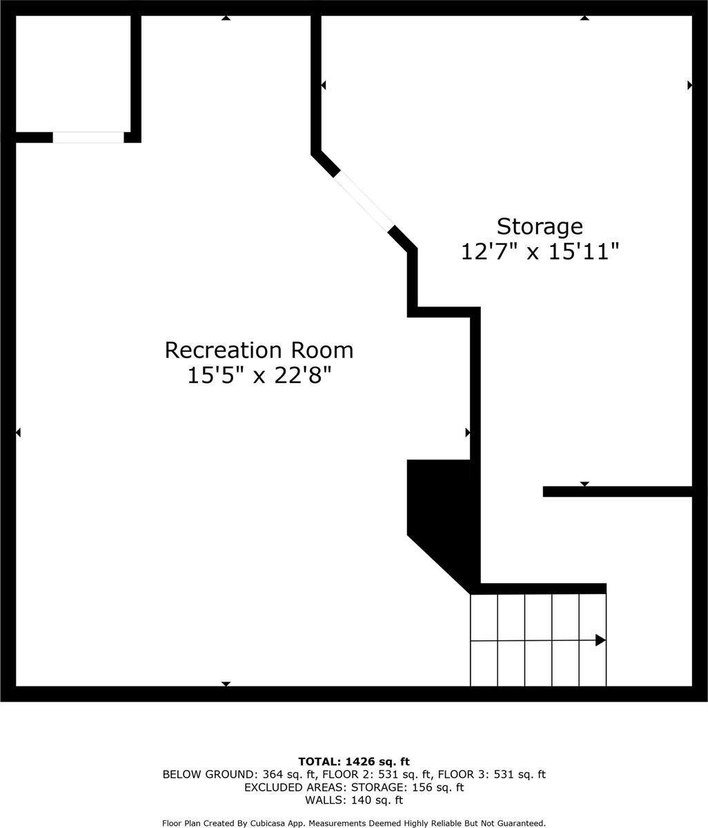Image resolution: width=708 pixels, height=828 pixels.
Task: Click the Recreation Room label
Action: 259,351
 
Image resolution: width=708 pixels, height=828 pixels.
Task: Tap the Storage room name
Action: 540,228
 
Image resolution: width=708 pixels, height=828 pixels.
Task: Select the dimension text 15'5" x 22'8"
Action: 259,376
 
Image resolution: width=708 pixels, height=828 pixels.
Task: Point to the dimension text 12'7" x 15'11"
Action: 540,253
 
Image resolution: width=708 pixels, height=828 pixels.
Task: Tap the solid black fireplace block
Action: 441,517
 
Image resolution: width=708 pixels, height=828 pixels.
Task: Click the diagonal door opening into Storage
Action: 364,201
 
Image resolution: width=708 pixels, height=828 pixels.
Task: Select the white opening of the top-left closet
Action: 88,137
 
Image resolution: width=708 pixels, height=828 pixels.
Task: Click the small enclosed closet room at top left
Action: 73,74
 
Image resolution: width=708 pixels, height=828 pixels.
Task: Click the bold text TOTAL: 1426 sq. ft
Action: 354,761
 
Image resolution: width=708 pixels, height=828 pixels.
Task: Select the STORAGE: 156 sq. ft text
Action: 408,787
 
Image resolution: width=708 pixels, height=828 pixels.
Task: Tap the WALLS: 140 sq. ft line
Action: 354,800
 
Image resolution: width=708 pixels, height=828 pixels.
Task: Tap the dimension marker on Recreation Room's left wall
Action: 18,433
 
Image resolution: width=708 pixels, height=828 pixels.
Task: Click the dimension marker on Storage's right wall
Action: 690,85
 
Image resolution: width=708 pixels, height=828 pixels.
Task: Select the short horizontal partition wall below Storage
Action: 618,491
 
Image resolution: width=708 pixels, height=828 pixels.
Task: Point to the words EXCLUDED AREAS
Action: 295,787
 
